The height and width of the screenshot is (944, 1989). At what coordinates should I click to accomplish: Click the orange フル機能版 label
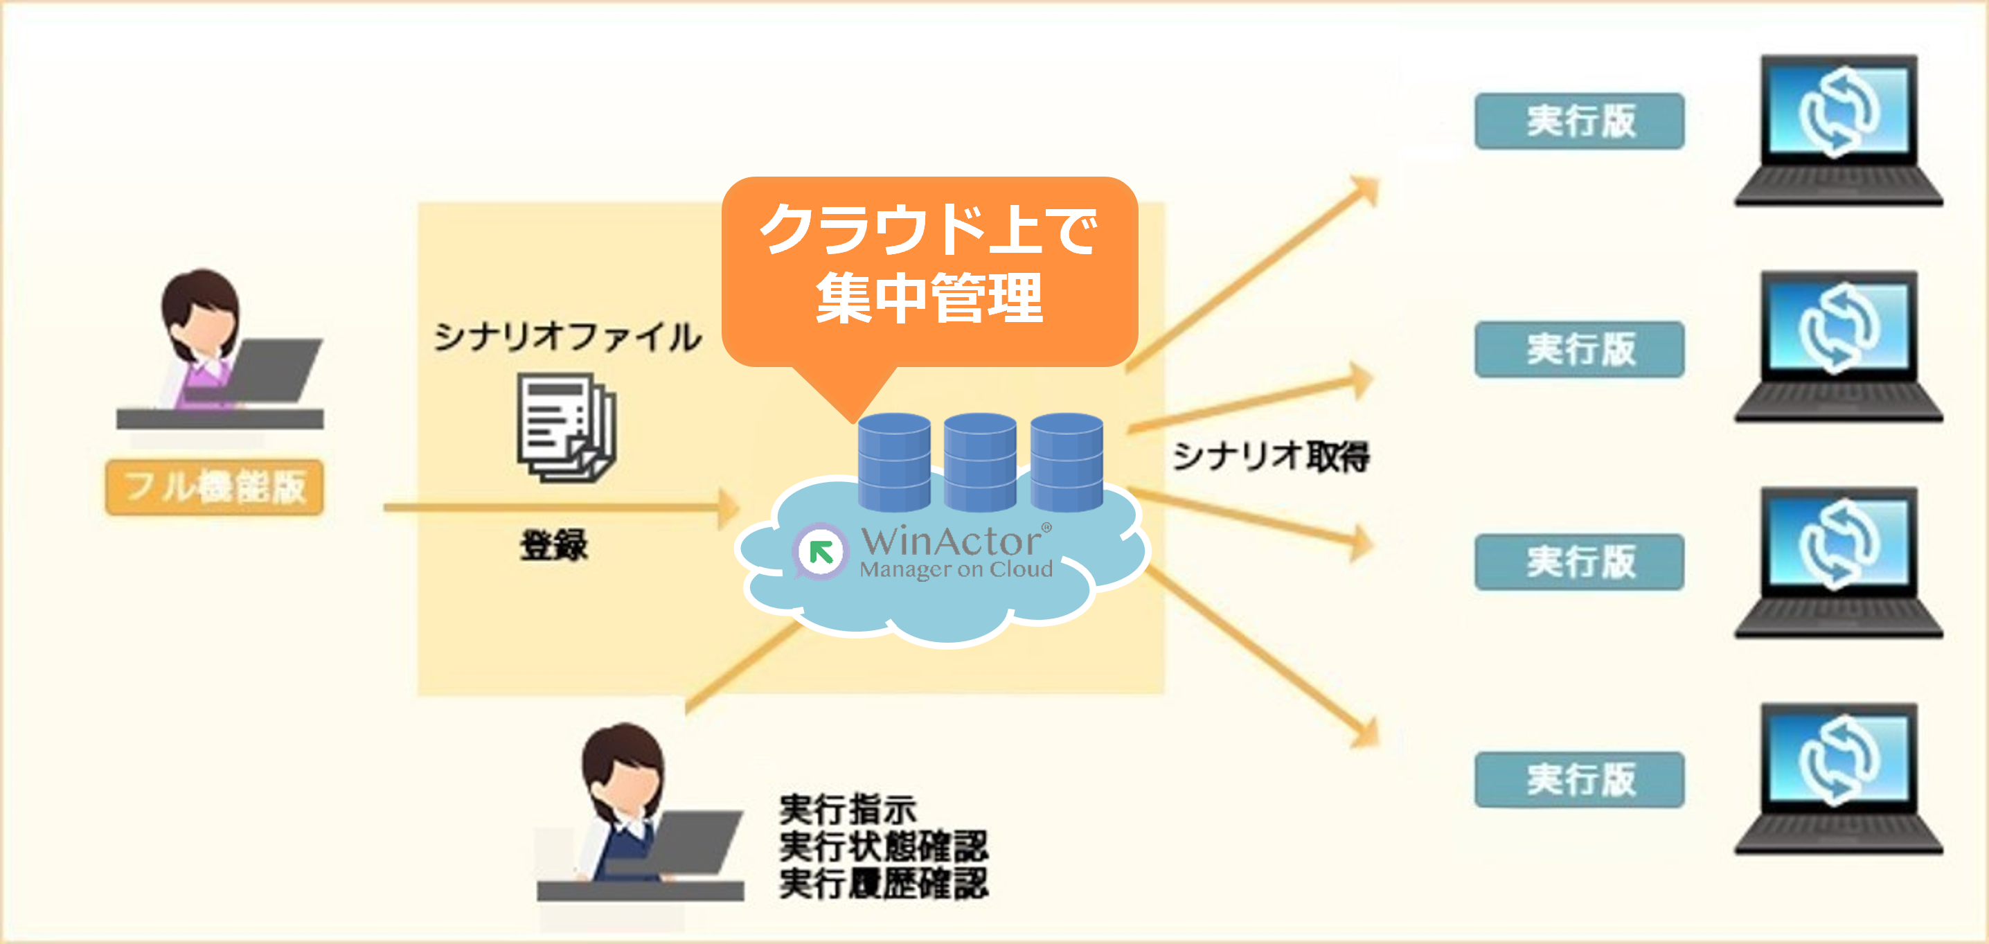click(x=214, y=487)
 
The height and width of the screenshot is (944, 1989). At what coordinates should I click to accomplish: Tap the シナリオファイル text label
click(x=567, y=338)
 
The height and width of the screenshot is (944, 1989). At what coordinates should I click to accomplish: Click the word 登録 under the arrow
click(x=553, y=545)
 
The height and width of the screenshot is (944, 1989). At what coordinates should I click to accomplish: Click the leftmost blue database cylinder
click(x=894, y=461)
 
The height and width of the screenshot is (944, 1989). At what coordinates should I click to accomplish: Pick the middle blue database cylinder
click(x=980, y=461)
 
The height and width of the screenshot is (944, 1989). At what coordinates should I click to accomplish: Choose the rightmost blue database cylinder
click(x=1067, y=461)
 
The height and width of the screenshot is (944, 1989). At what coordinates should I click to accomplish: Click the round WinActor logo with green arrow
click(x=820, y=551)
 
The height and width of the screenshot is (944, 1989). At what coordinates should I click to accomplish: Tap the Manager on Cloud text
click(x=956, y=569)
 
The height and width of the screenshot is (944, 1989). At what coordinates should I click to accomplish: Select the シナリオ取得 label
click(x=1271, y=456)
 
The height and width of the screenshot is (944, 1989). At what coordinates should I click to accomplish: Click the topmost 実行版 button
click(x=1579, y=121)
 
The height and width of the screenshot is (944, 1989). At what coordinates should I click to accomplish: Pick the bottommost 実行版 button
click(x=1579, y=780)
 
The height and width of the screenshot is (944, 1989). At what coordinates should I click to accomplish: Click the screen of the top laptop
click(x=1837, y=109)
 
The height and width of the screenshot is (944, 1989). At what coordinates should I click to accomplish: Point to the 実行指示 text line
click(x=847, y=810)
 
